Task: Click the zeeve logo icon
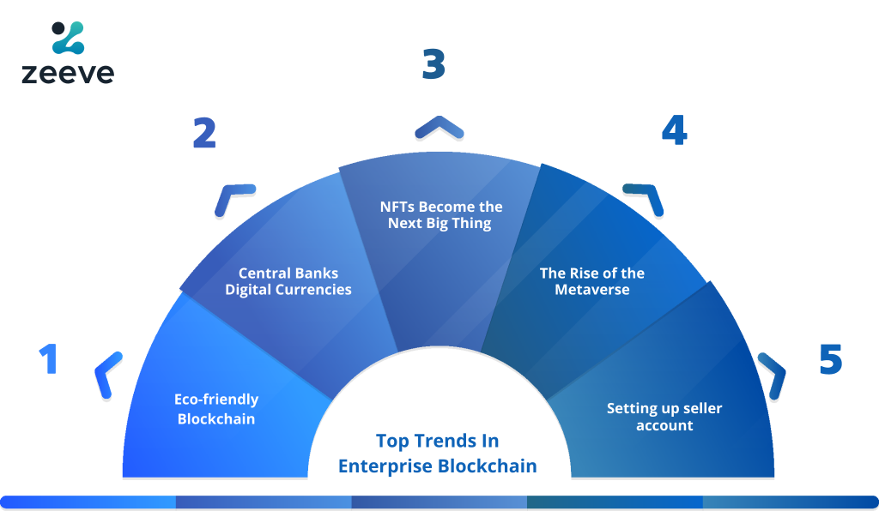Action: (x=68, y=38)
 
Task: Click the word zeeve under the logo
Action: (x=68, y=74)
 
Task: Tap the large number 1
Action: (x=49, y=358)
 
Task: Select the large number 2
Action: (x=204, y=133)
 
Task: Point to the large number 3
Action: (x=433, y=63)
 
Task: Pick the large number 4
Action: (x=675, y=129)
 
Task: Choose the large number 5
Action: (x=831, y=358)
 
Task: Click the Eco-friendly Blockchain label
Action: (x=216, y=409)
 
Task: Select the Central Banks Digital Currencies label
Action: (x=288, y=281)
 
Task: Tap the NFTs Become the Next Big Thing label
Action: (x=440, y=215)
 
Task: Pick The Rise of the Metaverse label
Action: (x=592, y=281)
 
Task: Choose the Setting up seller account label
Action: (x=664, y=417)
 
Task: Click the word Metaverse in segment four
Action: (x=592, y=289)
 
